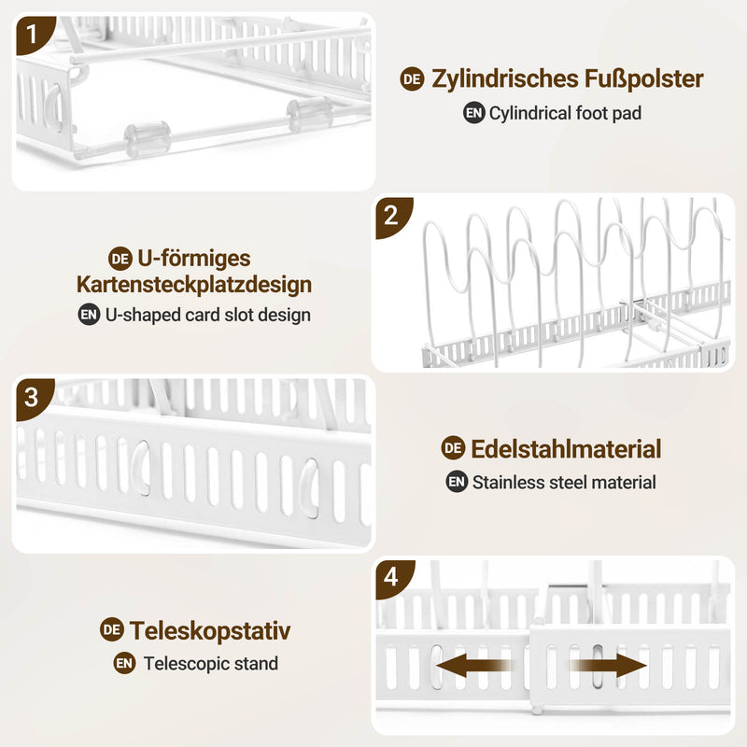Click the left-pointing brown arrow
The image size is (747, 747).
point(472,667)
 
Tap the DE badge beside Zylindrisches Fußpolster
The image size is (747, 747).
point(412,79)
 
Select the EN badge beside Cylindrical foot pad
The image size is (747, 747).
point(474,113)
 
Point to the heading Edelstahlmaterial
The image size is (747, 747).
point(566,448)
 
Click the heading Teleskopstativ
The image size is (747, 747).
point(210,630)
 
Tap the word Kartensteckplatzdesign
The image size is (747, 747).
point(194,284)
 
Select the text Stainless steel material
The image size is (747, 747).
point(564,483)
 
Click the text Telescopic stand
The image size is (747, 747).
point(210,664)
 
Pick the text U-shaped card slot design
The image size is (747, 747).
point(207,315)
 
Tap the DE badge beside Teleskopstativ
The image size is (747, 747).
point(112,630)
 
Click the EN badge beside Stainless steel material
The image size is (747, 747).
point(457,483)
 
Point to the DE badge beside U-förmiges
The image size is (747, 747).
point(120,258)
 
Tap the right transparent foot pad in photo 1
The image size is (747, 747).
point(309,113)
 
